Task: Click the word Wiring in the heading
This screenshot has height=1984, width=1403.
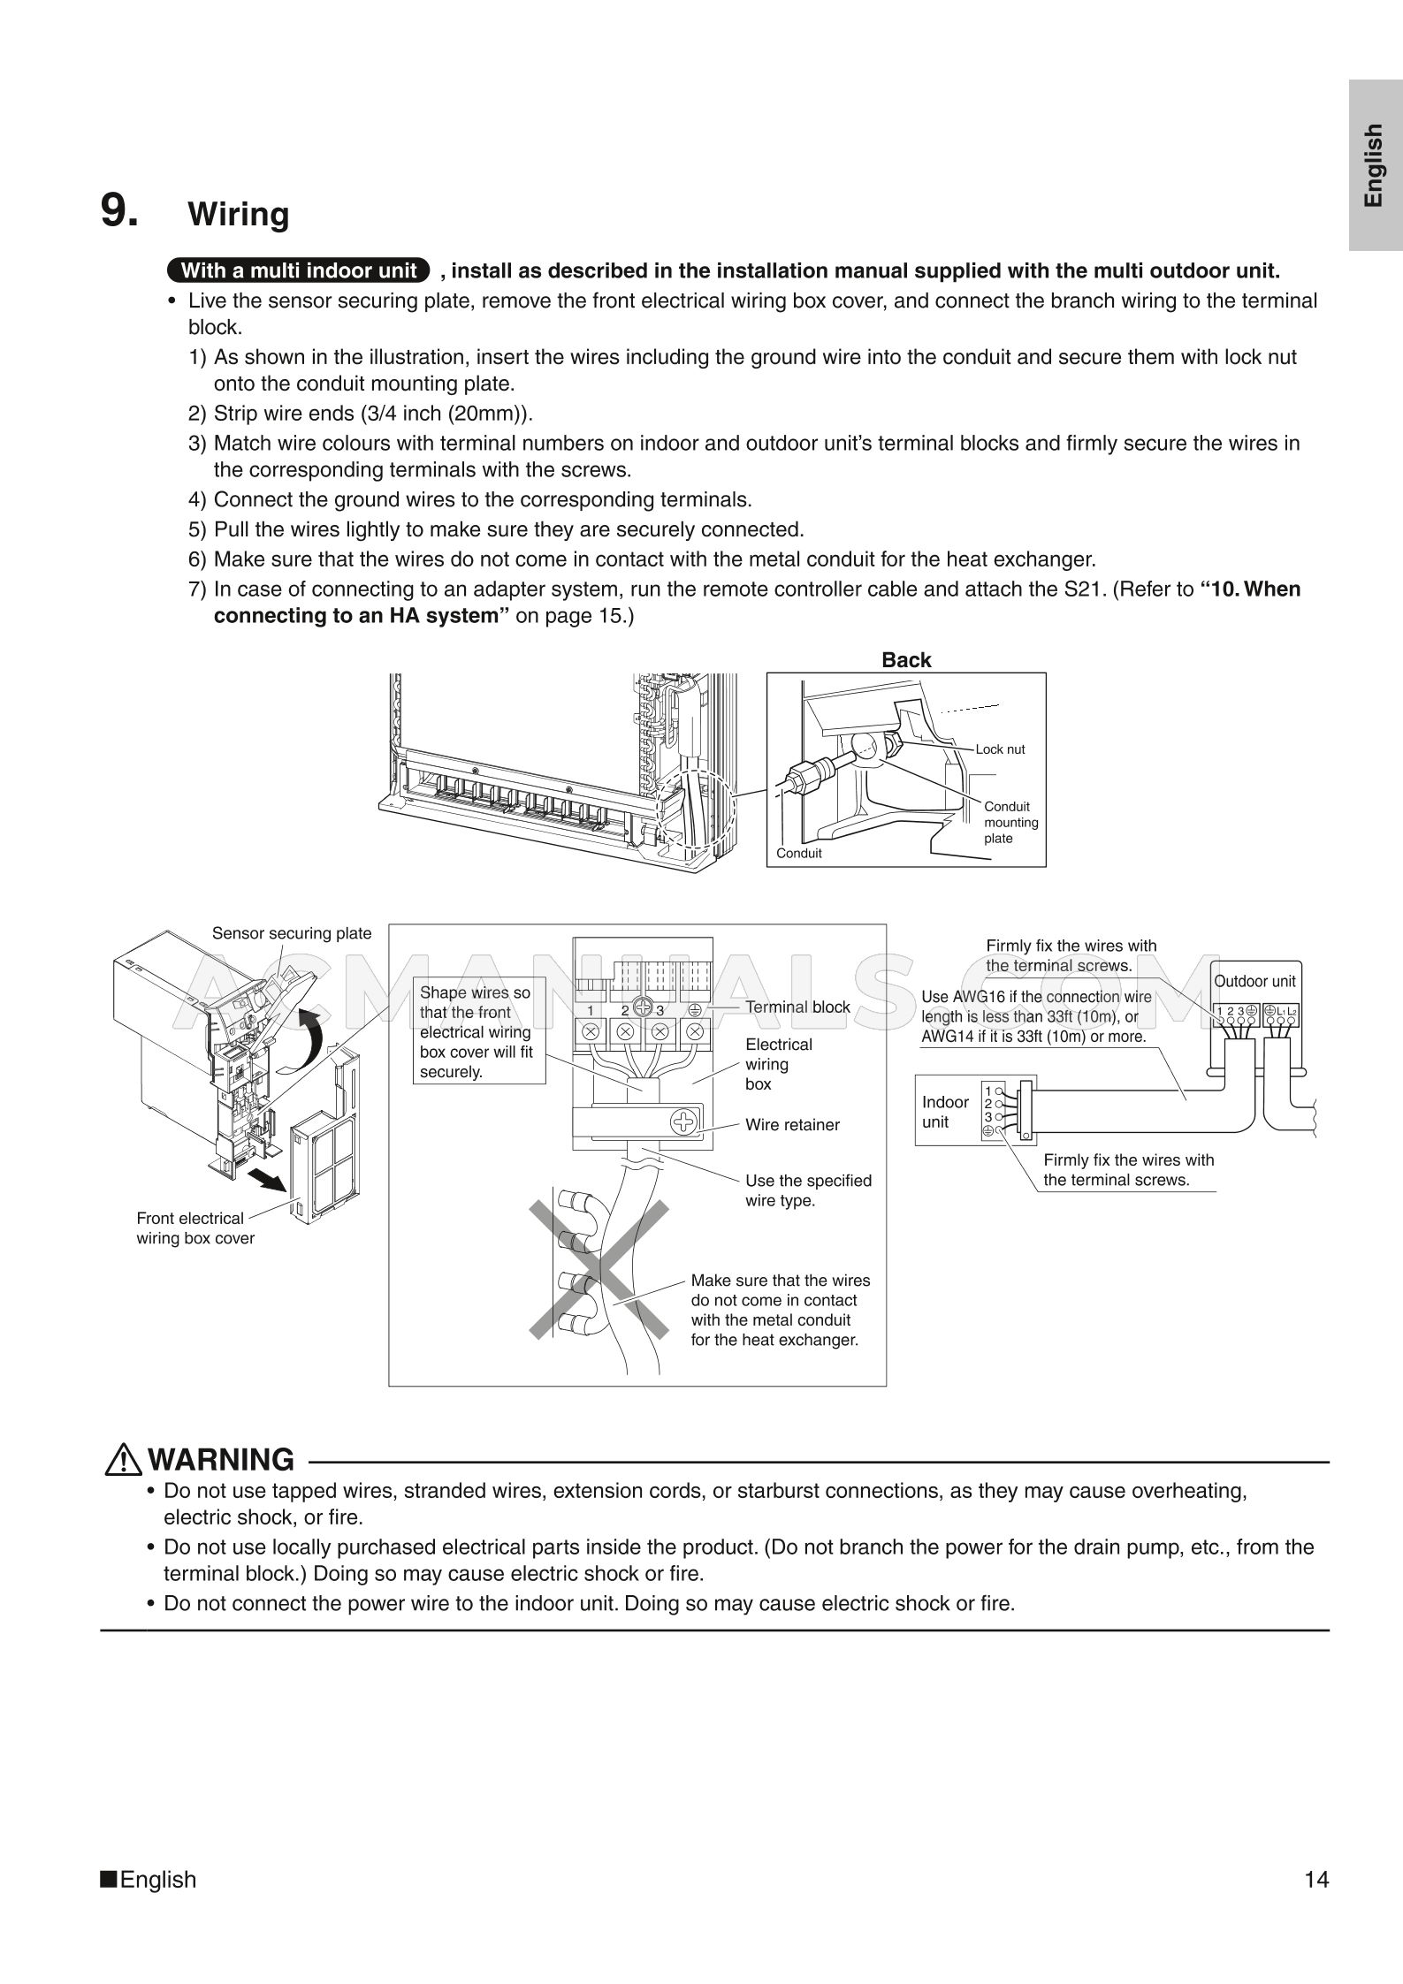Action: (x=239, y=215)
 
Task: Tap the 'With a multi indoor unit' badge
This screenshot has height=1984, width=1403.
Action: (x=298, y=270)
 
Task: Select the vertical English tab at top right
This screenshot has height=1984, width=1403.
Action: (x=1374, y=164)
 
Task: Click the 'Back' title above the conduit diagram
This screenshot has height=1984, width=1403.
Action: (x=906, y=660)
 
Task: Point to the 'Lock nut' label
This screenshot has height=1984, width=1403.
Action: (x=1000, y=749)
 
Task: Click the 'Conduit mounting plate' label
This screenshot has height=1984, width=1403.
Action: (x=1010, y=822)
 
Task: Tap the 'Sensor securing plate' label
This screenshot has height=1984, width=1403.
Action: (x=292, y=933)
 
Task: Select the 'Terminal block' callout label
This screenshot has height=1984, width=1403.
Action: (x=797, y=1007)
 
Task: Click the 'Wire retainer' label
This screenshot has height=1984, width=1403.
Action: (x=792, y=1125)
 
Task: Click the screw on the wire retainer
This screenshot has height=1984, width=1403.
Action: (x=684, y=1123)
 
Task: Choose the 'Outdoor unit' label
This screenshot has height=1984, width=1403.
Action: (x=1254, y=981)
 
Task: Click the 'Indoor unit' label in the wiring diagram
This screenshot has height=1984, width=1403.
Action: (x=944, y=1112)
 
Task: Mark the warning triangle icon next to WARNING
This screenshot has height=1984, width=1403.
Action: (x=123, y=1460)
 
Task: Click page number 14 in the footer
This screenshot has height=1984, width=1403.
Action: (x=1315, y=1879)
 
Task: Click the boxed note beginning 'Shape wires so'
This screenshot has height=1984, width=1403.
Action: (x=477, y=1031)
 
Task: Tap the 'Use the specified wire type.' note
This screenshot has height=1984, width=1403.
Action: (x=808, y=1190)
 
